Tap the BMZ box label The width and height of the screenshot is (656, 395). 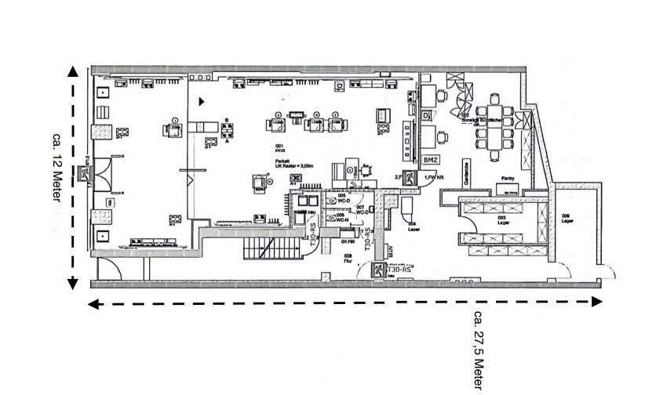point(430,160)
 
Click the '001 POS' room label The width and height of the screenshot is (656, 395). point(279,148)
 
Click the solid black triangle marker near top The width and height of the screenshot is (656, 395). point(202,101)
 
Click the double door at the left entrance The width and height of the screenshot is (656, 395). point(104,173)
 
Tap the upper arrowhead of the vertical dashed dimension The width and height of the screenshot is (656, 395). point(73,71)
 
